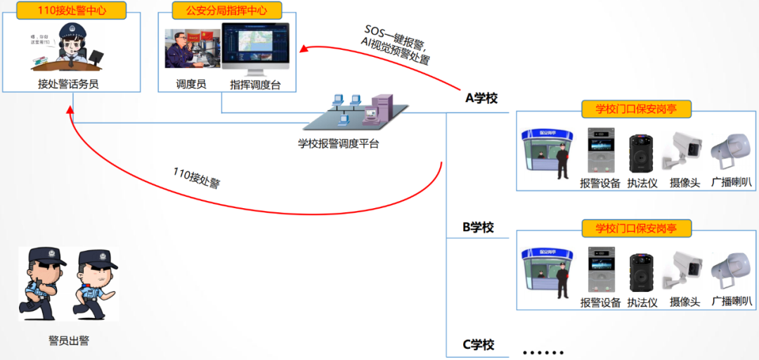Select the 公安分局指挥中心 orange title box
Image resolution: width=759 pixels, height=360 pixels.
pos(226,11)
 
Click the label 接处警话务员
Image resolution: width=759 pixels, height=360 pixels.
pos(68,84)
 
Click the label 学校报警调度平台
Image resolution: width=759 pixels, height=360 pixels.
pos(338,144)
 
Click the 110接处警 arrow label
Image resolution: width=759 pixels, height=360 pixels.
pos(197,179)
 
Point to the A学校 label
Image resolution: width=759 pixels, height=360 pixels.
pos(481,98)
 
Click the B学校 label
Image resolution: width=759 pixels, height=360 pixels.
pos(478,228)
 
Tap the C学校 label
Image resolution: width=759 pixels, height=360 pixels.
pos(478,345)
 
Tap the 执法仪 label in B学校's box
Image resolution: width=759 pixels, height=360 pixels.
pos(642,302)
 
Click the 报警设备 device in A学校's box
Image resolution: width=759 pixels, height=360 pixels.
pos(600,150)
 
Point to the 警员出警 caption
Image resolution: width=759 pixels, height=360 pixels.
pos(69,341)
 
